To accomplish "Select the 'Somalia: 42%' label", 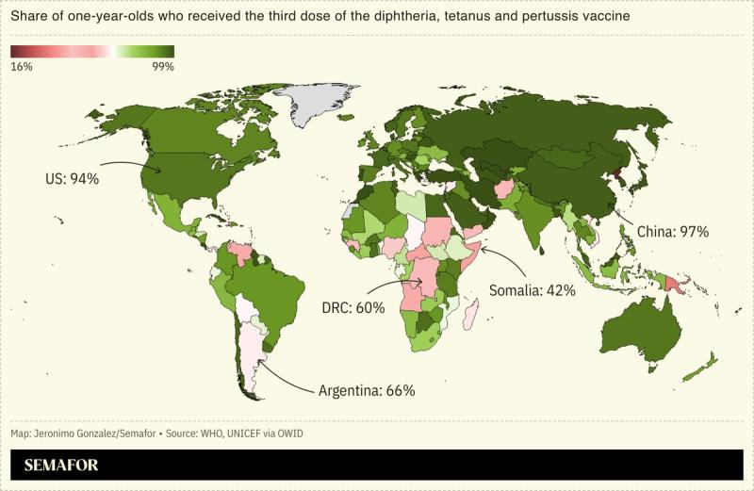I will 533,290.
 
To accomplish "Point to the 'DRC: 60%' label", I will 353,308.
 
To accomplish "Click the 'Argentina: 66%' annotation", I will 367,389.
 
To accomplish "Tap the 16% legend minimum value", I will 22,66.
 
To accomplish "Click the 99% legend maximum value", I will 162,66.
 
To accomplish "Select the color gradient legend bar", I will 92,52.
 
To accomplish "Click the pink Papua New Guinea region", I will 671,284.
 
